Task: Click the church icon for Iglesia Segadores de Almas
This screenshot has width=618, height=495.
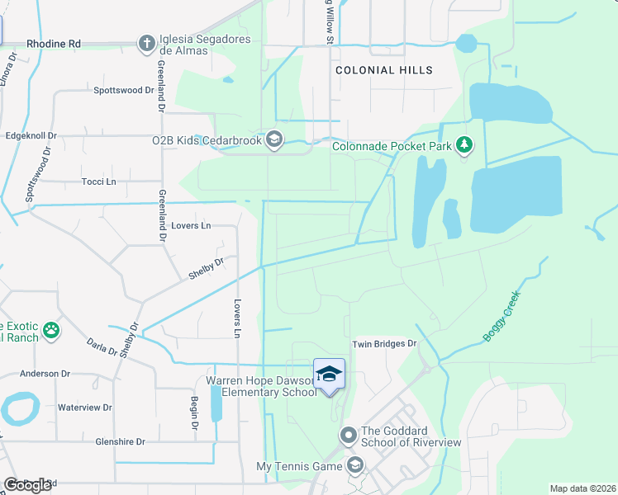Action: tap(146, 43)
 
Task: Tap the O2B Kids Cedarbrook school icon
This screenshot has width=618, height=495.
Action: tap(274, 140)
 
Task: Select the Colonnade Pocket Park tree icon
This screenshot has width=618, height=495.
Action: tap(464, 146)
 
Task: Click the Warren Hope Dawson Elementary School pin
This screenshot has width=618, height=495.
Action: tap(329, 375)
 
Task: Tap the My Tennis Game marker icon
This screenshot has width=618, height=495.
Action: tap(355, 466)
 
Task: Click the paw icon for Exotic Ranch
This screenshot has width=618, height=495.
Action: tap(51, 331)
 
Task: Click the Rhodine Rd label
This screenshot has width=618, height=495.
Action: tap(54, 44)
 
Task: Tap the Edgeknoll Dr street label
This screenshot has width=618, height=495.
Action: tap(31, 135)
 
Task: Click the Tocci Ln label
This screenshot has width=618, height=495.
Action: tap(98, 181)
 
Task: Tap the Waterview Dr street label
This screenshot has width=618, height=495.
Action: tap(84, 408)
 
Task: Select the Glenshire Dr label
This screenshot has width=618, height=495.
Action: tap(119, 442)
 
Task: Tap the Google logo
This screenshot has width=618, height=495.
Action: tap(27, 485)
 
